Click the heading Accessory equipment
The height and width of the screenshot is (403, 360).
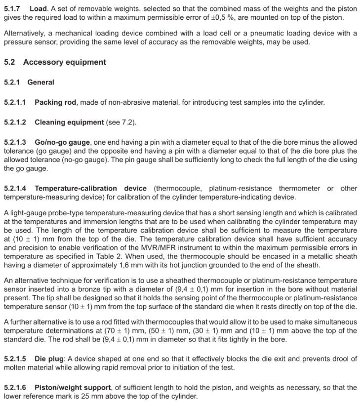(x=64, y=62)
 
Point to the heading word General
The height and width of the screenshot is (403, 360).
(x=40, y=82)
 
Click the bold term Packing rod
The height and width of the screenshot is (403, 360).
(x=55, y=102)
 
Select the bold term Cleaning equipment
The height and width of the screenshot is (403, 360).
(x=69, y=122)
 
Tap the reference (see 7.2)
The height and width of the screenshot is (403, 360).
(x=121, y=122)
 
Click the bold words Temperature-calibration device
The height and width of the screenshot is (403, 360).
(x=90, y=188)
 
